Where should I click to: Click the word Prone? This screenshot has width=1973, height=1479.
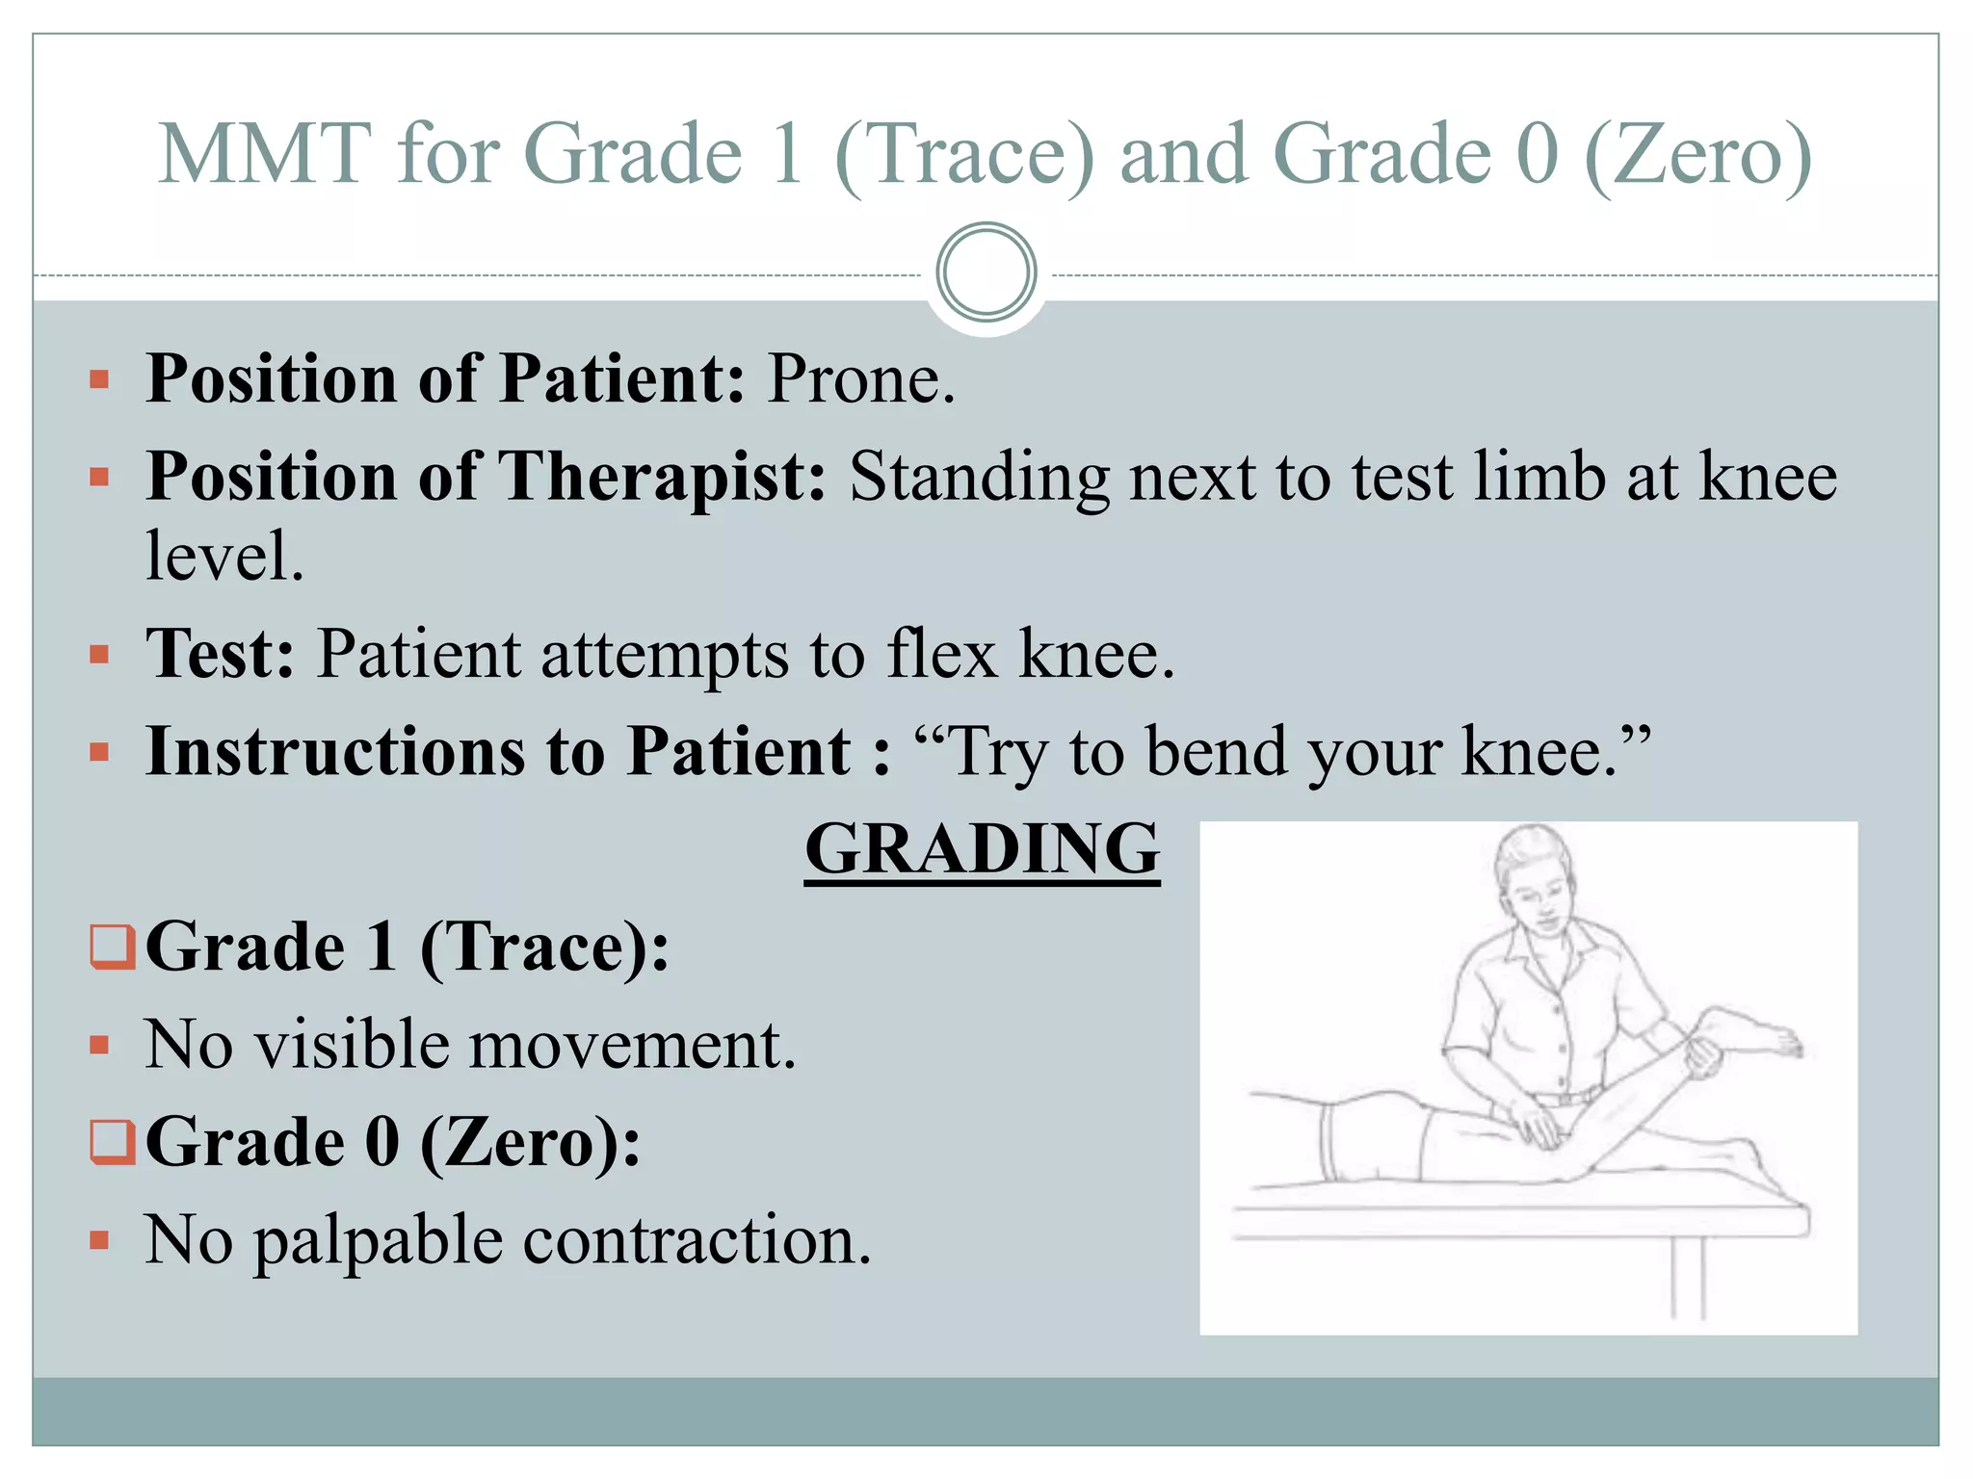point(860,379)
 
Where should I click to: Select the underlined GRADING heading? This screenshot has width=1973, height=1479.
point(982,849)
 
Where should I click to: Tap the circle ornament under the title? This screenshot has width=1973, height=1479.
point(986,272)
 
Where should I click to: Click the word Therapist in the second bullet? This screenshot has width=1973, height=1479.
point(661,478)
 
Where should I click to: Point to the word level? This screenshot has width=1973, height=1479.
point(224,558)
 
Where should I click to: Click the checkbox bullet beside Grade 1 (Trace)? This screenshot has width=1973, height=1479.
point(112,947)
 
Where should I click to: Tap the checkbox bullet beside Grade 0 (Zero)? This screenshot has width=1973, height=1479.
point(112,1142)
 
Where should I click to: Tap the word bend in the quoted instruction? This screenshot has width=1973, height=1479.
point(1217,752)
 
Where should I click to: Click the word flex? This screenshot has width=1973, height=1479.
point(941,655)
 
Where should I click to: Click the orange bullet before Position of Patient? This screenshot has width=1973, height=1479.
point(99,379)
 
